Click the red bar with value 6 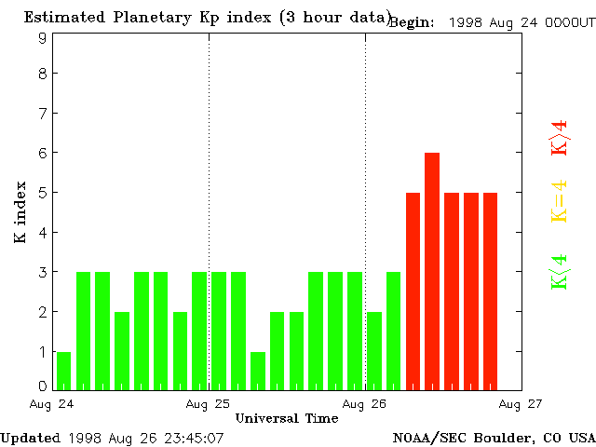tap(432, 270)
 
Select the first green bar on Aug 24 tap(63, 370)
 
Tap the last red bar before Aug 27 tap(490, 291)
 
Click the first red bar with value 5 tap(413, 291)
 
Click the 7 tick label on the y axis tap(43, 114)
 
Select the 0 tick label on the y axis tap(43, 386)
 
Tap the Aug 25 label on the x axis tap(209, 404)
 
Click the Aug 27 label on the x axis tap(520, 404)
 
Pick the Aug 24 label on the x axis tap(53, 404)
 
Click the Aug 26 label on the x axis tap(365, 404)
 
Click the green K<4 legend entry tap(559, 272)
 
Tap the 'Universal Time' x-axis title tap(286, 418)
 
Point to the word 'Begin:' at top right tap(411, 22)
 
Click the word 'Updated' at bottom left tap(31, 437)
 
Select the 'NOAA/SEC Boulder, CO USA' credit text tap(494, 437)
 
